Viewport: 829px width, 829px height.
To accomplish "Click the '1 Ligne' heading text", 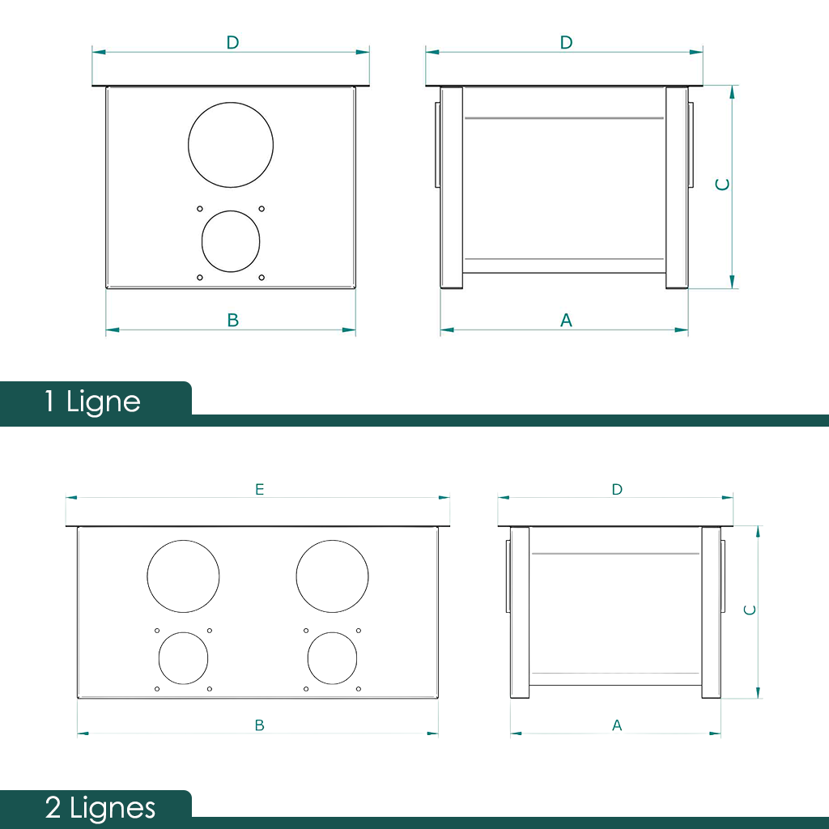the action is pos(92,402).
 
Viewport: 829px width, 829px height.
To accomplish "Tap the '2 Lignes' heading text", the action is pos(100,809).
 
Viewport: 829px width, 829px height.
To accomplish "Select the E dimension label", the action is pos(260,489).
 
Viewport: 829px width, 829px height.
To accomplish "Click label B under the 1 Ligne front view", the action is pos(233,320).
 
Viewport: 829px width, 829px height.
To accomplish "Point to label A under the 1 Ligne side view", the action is pos(566,320).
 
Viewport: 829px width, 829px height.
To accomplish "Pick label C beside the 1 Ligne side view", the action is pos(722,184).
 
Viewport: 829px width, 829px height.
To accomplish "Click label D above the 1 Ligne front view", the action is pos(232,42).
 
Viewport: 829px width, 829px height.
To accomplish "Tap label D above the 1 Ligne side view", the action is pos(566,42).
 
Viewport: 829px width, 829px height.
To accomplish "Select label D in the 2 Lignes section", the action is pos(617,489).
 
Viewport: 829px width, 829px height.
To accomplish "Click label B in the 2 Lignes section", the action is pos(260,725).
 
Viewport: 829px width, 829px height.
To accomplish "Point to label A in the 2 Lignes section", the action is pos(617,725).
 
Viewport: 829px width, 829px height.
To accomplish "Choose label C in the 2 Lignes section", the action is pos(750,610).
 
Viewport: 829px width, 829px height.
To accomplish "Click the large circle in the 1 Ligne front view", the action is pos(188,145).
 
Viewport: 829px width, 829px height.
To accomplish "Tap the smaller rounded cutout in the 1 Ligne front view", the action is pos(202,241).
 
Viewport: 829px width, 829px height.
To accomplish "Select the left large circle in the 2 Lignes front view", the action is pos(147,576).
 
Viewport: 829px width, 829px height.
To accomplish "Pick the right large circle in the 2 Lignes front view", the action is pos(296,576).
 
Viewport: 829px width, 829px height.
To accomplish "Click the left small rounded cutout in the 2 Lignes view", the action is pos(159,658).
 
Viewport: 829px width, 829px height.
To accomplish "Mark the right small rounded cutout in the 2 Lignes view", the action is pos(308,658).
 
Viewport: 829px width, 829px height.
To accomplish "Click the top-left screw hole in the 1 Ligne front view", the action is pos(200,209).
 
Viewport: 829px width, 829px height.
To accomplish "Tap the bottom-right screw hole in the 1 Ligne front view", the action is pos(261,278).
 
